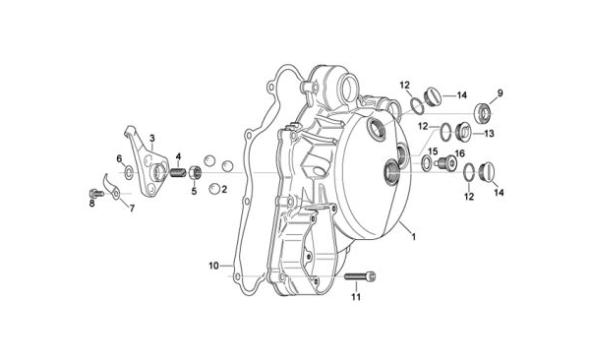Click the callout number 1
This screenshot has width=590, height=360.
[414, 237]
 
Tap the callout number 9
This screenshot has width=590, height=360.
[500, 92]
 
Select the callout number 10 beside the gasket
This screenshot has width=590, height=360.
[213, 266]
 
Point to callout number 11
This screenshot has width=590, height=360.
[356, 297]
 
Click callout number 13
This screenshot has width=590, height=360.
[489, 134]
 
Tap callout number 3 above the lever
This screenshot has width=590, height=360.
[152, 138]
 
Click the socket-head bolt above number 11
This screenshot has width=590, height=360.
[360, 276]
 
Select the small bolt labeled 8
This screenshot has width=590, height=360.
[96, 193]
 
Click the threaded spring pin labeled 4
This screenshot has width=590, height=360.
[178, 173]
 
